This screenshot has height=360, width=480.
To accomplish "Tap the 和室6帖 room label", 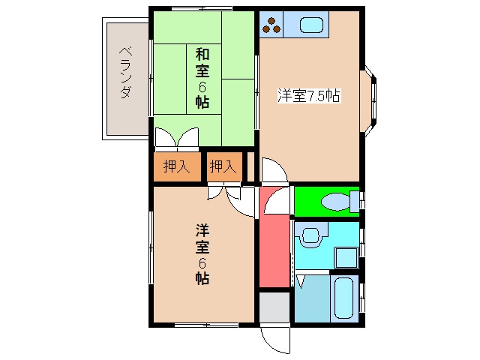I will (x=202, y=78).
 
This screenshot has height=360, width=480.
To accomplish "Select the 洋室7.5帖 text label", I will (x=309, y=96).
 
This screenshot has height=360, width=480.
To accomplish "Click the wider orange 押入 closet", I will (x=177, y=166).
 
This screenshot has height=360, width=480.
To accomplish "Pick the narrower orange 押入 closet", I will (x=223, y=166).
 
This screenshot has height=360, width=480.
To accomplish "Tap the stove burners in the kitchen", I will (x=271, y=25).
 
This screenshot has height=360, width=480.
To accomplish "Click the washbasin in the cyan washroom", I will (x=309, y=236).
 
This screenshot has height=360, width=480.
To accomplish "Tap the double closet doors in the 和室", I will (x=177, y=139).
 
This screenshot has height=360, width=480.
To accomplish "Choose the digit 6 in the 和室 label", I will (x=202, y=86).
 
